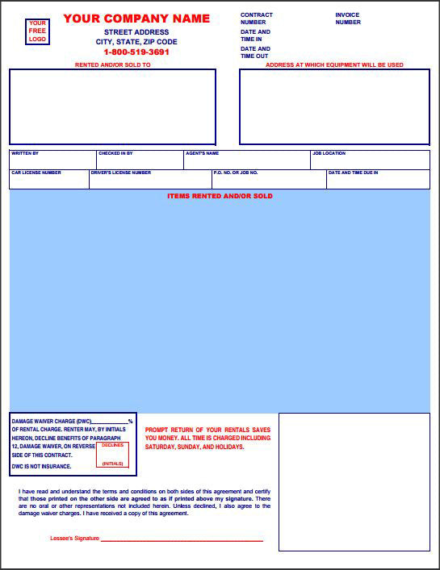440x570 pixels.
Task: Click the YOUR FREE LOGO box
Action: pyautogui.click(x=38, y=31)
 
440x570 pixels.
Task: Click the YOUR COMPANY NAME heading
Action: pyautogui.click(x=136, y=19)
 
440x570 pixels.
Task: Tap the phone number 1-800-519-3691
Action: pyautogui.click(x=136, y=52)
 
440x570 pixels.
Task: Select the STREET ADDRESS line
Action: pyautogui.click(x=136, y=32)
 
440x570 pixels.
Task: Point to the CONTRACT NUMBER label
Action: pyautogui.click(x=257, y=19)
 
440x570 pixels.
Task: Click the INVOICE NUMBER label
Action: pyautogui.click(x=348, y=19)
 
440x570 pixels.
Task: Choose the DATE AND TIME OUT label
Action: pyautogui.click(x=255, y=52)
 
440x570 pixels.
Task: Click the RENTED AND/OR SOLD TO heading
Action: pyautogui.click(x=112, y=64)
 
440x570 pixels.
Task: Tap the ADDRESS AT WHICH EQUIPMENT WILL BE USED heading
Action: pyautogui.click(x=334, y=64)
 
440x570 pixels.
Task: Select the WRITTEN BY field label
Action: pyautogui.click(x=24, y=153)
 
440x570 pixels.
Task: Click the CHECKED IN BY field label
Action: pyautogui.click(x=115, y=153)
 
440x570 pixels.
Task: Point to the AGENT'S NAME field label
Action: pyautogui.click(x=202, y=153)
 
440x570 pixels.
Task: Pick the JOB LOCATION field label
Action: pyautogui.click(x=329, y=153)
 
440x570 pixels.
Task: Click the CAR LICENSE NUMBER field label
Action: pyautogui.click(x=36, y=173)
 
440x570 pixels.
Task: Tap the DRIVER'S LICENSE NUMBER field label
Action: pyautogui.click(x=121, y=173)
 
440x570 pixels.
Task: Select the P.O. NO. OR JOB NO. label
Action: pyautogui.click(x=236, y=173)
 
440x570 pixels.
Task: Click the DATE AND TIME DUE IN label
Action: pyautogui.click(x=353, y=173)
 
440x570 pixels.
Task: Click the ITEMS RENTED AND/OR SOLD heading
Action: pyautogui.click(x=220, y=196)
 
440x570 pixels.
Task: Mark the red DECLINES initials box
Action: pyautogui.click(x=112, y=455)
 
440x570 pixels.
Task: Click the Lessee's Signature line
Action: pyautogui.click(x=182, y=539)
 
